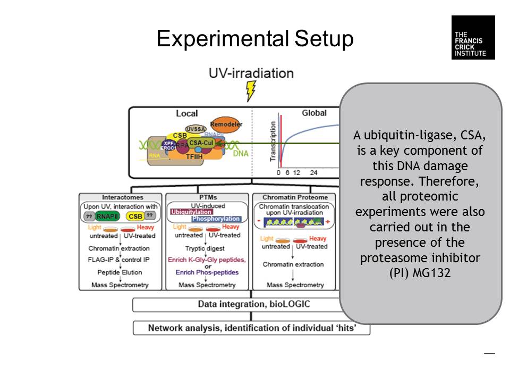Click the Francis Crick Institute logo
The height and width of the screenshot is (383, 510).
473,37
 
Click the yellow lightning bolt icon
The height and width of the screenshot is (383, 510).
250,90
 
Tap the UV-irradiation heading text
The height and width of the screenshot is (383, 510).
251,73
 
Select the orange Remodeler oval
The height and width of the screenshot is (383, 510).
226,124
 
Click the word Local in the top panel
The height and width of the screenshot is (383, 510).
186,113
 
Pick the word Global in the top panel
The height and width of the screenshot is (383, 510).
314,113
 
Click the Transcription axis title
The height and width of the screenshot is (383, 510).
273,141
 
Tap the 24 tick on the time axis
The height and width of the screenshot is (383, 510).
314,173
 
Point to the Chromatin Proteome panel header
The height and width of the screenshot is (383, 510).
295,197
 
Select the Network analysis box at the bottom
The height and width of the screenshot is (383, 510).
251,328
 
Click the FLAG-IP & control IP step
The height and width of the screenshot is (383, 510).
119,260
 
